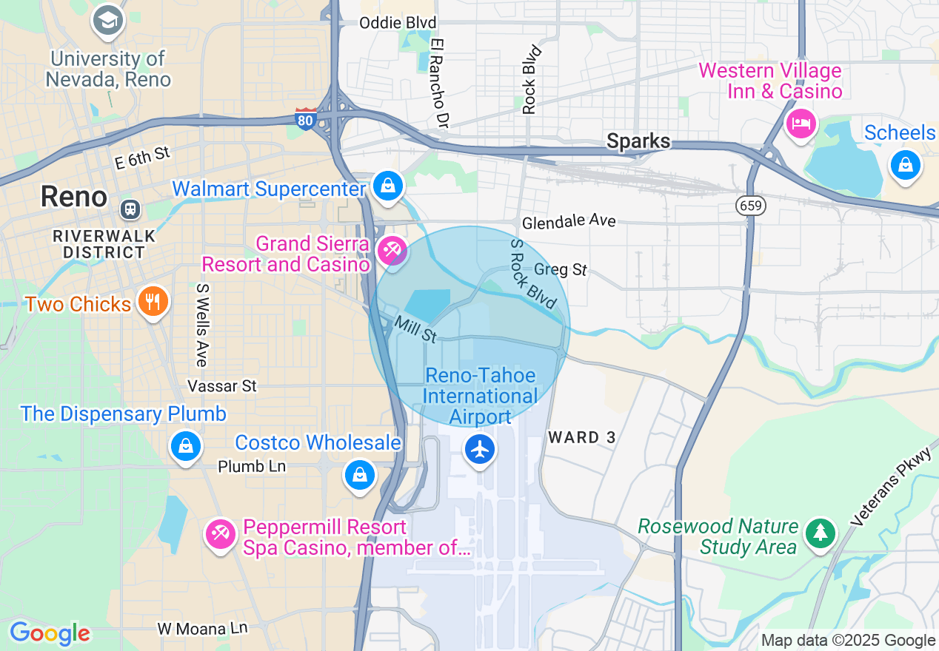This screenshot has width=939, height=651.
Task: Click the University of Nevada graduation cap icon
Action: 108,21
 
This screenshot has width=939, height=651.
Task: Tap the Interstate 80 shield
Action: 307,118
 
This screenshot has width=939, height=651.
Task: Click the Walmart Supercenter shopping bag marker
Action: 388,186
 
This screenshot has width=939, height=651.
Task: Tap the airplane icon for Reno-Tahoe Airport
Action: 480,448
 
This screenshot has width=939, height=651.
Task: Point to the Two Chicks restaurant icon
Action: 153,302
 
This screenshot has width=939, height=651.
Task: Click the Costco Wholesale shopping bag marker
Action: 360,474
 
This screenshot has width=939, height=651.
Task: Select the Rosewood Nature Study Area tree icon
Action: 820,533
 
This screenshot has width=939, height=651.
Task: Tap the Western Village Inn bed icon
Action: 801,124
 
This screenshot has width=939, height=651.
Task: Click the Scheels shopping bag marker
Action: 905,165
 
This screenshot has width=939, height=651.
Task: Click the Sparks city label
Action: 638,141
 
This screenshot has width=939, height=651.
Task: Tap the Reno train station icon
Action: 131,209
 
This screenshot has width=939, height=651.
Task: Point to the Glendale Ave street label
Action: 569,222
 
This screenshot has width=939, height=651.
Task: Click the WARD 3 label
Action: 582,437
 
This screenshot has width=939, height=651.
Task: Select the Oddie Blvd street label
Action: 398,23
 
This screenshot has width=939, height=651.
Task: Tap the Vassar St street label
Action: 222,386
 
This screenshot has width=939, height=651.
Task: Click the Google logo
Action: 50,633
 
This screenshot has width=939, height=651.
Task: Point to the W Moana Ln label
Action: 202,629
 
